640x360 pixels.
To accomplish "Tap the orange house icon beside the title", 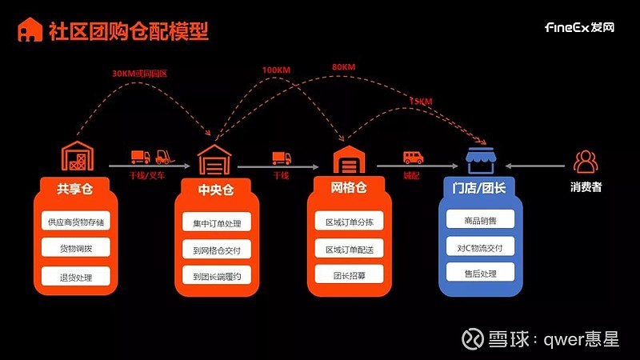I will click(x=30, y=30).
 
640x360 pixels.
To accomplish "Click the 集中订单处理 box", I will click(x=216, y=223).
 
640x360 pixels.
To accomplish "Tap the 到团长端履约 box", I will click(x=216, y=277).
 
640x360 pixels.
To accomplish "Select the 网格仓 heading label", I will click(x=349, y=190).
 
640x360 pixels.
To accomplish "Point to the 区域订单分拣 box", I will click(x=349, y=222).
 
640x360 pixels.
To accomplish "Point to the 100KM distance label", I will click(x=276, y=70).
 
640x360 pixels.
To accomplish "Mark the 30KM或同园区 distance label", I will click(x=139, y=74).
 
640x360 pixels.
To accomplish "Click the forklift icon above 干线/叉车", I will click(x=163, y=157).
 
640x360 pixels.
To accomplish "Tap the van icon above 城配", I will click(x=413, y=158).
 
